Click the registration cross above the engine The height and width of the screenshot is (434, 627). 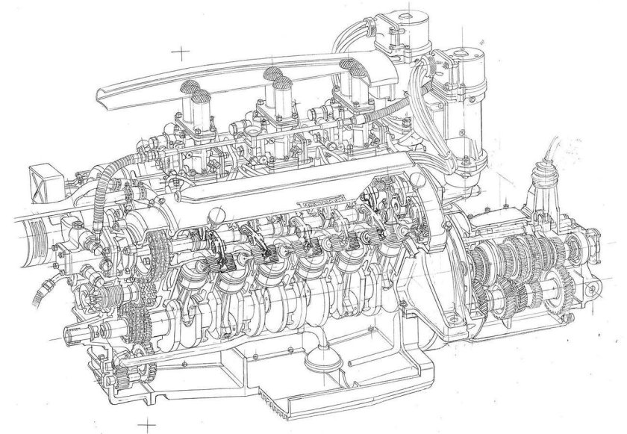point(180,52)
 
